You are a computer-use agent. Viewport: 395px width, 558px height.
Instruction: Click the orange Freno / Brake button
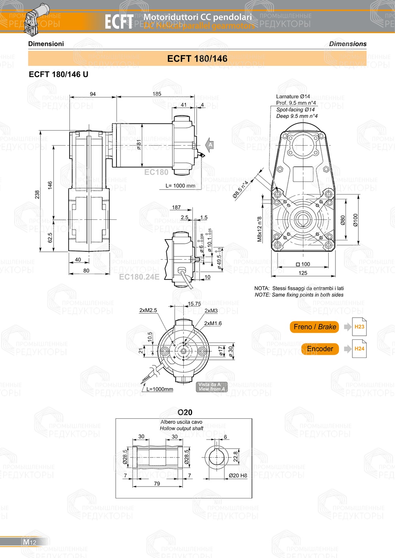click(314, 327)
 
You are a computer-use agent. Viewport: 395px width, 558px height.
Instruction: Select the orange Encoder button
click(320, 349)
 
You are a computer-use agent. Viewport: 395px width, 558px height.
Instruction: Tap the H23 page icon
click(359, 327)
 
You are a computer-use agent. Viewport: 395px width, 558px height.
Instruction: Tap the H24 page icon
click(359, 349)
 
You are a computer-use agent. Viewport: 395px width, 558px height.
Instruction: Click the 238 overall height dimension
click(37, 195)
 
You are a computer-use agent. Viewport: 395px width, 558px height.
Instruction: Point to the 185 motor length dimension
click(157, 94)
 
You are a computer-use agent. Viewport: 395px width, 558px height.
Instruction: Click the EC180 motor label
click(156, 172)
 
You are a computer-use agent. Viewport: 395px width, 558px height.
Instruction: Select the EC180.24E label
click(139, 277)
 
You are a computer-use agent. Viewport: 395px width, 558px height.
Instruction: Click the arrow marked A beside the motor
click(210, 145)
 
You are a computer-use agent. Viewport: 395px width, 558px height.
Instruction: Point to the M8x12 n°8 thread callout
click(260, 229)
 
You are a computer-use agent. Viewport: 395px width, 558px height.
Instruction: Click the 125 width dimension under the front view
click(303, 273)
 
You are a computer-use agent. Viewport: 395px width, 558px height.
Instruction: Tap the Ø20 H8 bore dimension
click(238, 476)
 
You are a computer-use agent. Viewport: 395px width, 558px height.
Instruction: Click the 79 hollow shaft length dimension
click(157, 483)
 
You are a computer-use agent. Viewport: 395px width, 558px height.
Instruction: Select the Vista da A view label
click(211, 387)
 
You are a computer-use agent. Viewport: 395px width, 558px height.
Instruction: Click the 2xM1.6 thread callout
click(213, 323)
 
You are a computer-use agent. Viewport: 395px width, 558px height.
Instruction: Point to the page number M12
click(30, 542)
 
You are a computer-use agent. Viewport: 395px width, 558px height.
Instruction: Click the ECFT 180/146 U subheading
click(58, 74)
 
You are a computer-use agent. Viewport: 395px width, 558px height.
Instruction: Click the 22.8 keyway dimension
click(235, 456)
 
